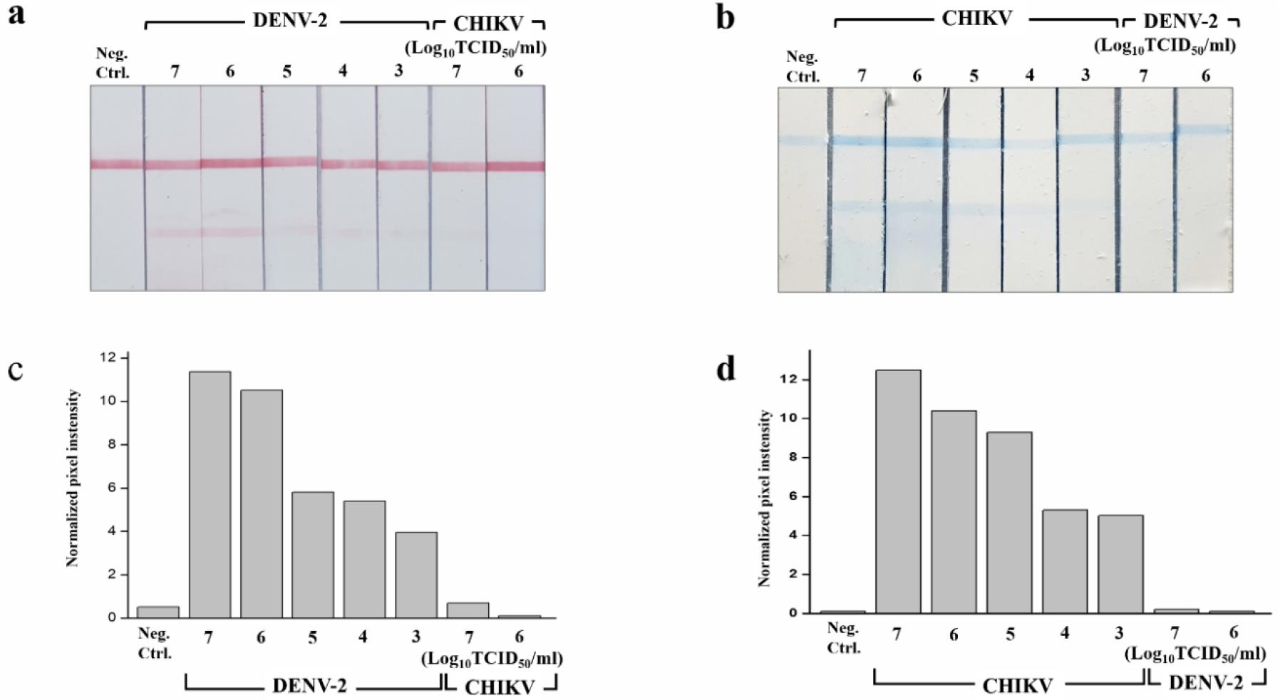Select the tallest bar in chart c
coord(210,494)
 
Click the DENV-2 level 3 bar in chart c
coord(416,575)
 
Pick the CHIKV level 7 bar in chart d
coord(897,491)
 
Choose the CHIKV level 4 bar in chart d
coord(1065,561)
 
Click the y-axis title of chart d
coord(765,498)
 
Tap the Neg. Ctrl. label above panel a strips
coord(113,63)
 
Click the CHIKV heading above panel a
coord(488,23)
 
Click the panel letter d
coord(726,370)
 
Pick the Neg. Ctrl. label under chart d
coord(845,638)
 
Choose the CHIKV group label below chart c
coord(500,686)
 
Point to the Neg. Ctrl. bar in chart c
coord(158,612)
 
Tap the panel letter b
coord(725,17)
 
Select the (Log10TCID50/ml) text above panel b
coord(1165,46)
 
